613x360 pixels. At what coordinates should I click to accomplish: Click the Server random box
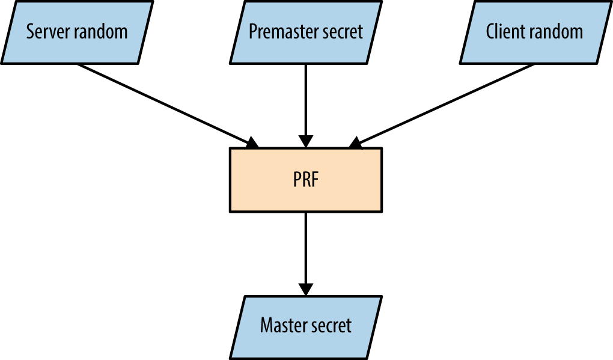coord(77,31)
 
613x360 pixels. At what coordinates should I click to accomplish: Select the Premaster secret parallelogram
coord(306,31)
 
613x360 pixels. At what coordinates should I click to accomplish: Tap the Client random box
coord(534,31)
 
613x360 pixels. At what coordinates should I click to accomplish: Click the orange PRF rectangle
coord(306,180)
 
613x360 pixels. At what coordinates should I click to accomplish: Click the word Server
coord(46,31)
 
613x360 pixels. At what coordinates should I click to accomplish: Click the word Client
coord(504,31)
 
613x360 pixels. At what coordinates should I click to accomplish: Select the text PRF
coord(305,180)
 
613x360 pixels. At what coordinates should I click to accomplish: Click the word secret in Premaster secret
coord(343,31)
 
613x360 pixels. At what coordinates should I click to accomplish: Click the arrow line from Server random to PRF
coord(162,102)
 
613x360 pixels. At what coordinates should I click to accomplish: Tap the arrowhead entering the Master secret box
coord(306,288)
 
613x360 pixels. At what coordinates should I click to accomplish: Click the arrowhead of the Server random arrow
coord(252,142)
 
